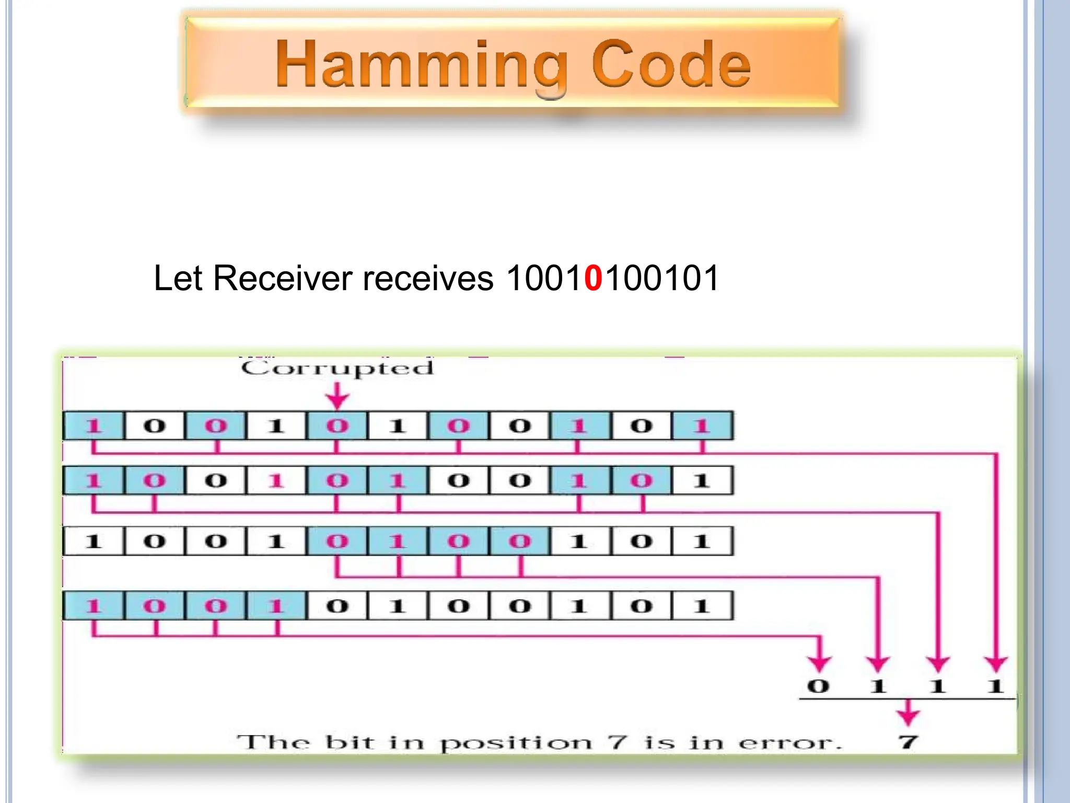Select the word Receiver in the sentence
[x=283, y=278]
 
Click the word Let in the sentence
[x=178, y=278]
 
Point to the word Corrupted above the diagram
[x=337, y=369]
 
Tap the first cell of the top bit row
[x=94, y=426]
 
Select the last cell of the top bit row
[x=702, y=426]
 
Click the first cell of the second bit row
[x=94, y=480]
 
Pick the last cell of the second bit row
[x=702, y=480]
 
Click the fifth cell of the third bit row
[x=337, y=541]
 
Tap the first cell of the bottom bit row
[x=94, y=606]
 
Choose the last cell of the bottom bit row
[x=702, y=606]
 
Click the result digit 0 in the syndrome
[x=818, y=685]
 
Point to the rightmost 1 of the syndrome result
[x=996, y=685]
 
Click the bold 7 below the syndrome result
[x=908, y=742]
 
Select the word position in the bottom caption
[x=516, y=743]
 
